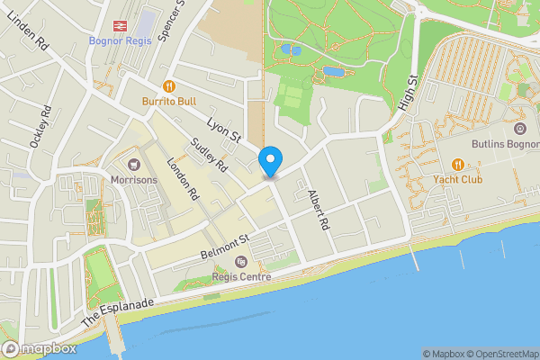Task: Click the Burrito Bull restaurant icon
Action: (168, 86)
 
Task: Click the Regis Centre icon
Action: (240, 262)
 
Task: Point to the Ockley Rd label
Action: (39, 127)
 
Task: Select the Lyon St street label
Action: (224, 127)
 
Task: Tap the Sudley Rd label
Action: (210, 157)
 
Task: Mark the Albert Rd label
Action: (319, 210)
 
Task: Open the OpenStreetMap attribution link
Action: (500, 354)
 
